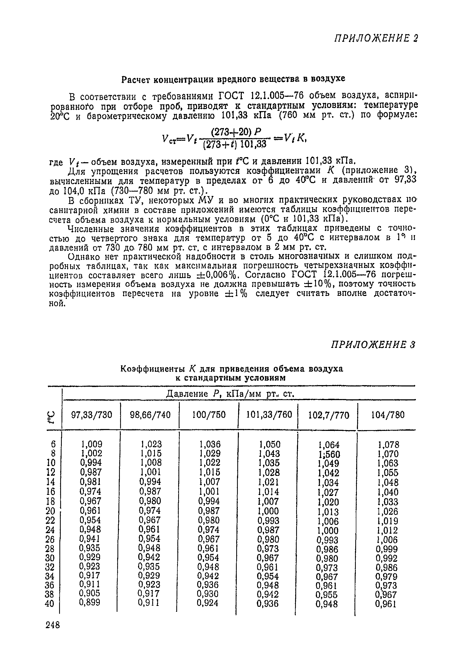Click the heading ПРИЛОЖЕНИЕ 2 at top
click(x=376, y=38)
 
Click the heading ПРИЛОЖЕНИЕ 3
click(x=373, y=344)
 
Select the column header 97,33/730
click(x=91, y=415)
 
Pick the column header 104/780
click(x=388, y=415)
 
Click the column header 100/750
click(x=209, y=415)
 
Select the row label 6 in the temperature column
click(x=53, y=444)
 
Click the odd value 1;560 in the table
click(x=329, y=454)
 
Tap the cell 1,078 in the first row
click(x=388, y=445)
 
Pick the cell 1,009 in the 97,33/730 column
click(x=91, y=444)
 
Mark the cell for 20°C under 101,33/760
click(x=268, y=511)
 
